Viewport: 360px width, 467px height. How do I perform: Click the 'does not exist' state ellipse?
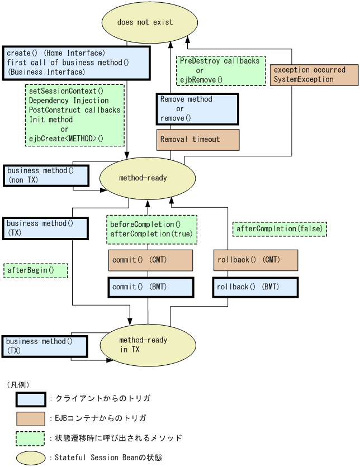pos(150,22)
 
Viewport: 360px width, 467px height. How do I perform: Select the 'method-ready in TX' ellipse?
pos(148,345)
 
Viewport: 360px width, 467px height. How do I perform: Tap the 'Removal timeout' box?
pos(198,140)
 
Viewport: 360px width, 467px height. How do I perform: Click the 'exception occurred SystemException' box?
pos(314,75)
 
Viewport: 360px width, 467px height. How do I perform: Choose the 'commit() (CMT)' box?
pos(150,260)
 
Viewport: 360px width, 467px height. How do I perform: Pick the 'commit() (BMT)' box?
pos(150,287)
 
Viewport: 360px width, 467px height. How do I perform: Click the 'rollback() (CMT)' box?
pos(255,260)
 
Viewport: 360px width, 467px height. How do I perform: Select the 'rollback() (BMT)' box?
pos(255,287)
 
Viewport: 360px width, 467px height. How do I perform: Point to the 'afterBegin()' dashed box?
pos(35,271)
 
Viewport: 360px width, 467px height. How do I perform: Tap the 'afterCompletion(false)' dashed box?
pos(279,229)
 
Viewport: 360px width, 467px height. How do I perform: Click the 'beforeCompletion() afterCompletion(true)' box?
pos(152,230)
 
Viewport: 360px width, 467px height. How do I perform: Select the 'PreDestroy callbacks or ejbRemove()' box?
pos(221,70)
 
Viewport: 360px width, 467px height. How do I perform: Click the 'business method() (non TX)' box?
pos(46,175)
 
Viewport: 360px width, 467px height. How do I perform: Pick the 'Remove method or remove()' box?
pos(197,109)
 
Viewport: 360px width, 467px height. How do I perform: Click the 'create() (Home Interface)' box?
pos(76,63)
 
